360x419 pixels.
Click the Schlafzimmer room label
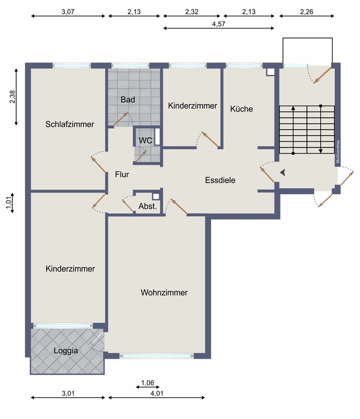point(69,124)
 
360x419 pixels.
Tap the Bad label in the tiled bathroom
point(128,99)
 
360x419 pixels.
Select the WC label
point(145,140)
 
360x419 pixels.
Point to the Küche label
point(241,109)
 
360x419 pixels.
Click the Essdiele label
point(220,180)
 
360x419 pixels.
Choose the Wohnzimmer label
point(164,292)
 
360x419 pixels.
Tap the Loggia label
point(65,351)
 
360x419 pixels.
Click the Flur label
point(122,174)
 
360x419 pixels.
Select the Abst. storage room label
point(148,206)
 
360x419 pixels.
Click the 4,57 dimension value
point(219,24)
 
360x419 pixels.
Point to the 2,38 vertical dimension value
point(12,97)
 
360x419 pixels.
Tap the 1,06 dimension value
point(148,383)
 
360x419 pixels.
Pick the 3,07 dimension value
point(68,12)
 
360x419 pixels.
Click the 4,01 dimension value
point(157,393)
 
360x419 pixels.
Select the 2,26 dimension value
point(306,12)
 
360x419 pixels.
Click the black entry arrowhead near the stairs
point(283,173)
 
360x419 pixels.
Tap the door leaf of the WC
point(141,156)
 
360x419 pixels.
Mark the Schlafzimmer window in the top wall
point(72,65)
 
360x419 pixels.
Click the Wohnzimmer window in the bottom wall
point(157,356)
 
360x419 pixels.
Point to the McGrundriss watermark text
point(338,151)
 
